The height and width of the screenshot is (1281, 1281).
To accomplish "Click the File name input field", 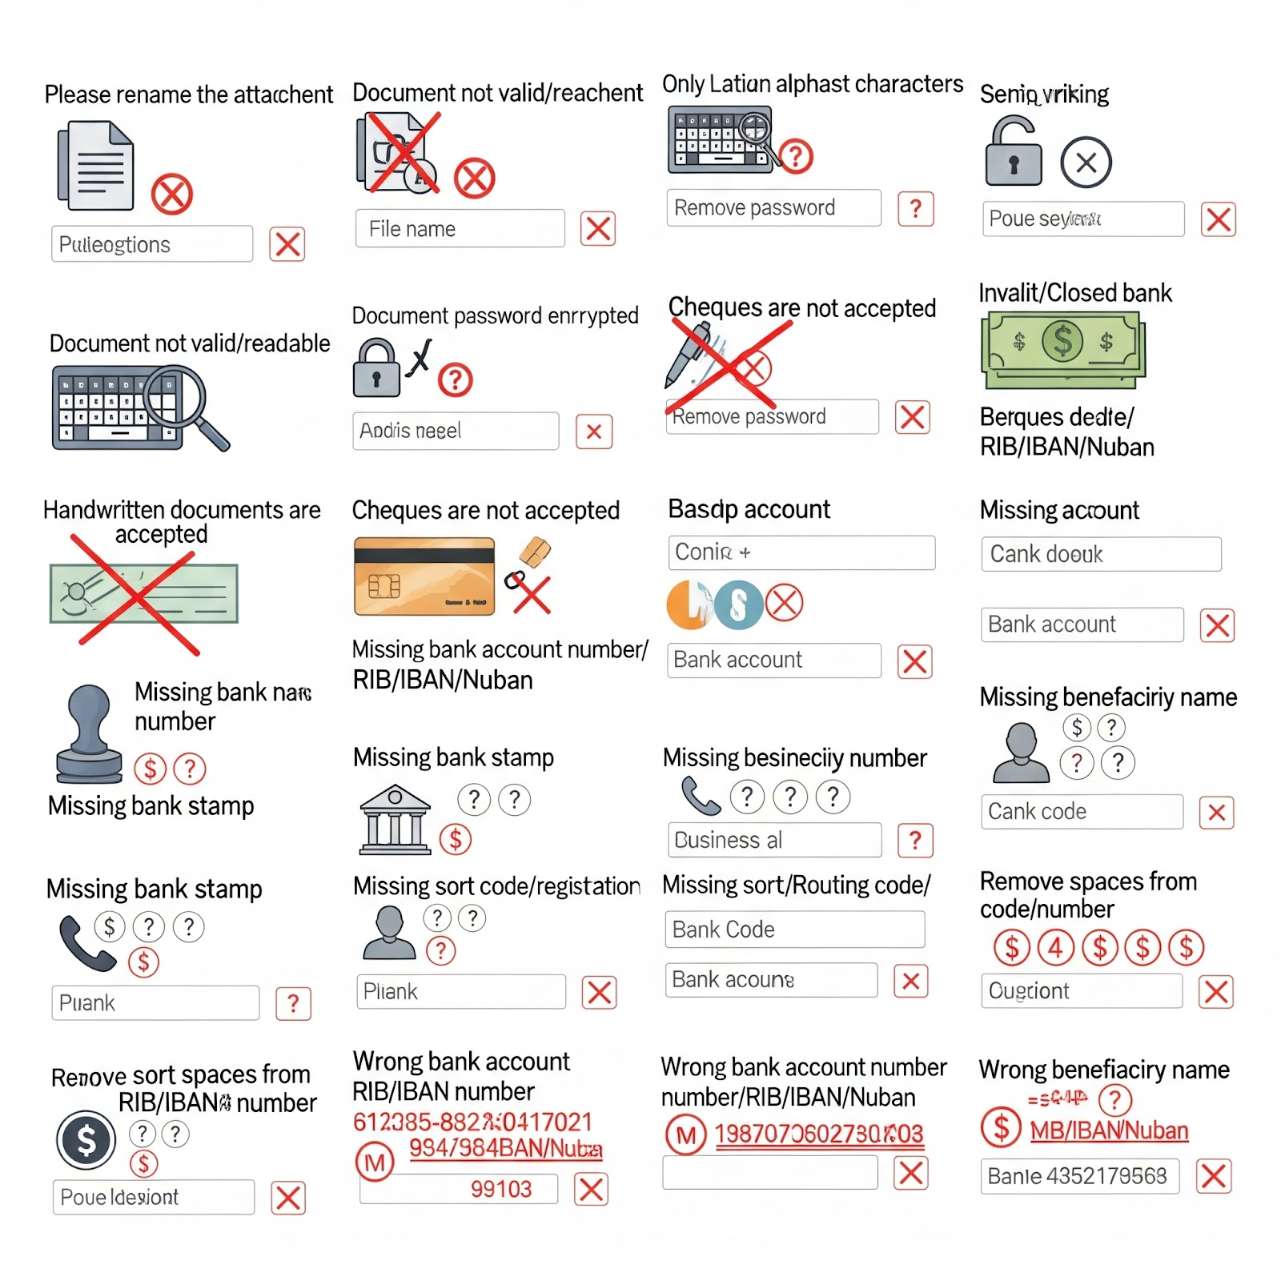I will pos(460,229).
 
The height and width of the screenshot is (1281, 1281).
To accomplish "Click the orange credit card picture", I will pos(424,576).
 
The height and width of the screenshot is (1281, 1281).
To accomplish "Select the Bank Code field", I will pos(794,930).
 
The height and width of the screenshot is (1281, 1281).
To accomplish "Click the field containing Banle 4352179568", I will pos(1079,1176).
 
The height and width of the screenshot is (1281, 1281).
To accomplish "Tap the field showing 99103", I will pos(458,1189).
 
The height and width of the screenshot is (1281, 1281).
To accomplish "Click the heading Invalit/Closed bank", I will pos(1074,293).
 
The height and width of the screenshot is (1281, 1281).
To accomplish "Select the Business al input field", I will pos(773,840).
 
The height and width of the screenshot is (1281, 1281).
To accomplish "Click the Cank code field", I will pos(1082,812).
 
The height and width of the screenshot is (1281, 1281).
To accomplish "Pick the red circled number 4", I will pos(1055,948).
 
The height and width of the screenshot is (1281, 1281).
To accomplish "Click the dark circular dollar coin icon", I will pos(86,1140).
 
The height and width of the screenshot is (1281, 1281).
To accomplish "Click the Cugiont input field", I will pos(1081,991).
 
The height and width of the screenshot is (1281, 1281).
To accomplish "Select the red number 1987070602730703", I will pos(818,1134).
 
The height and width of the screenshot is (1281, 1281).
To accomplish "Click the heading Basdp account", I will pos(749,509).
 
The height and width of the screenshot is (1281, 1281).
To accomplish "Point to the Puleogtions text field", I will pos(152,244).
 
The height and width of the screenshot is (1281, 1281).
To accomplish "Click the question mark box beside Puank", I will pos(293,1003).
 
